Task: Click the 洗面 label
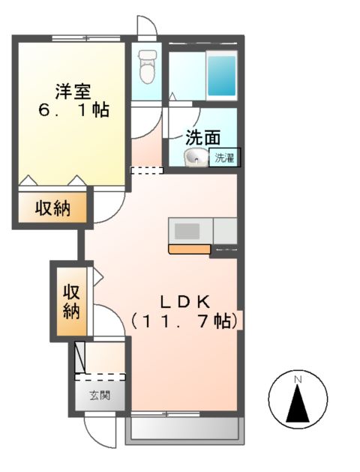click(x=202, y=138)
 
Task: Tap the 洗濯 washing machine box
click(x=225, y=157)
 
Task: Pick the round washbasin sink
click(x=196, y=157)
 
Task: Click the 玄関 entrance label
click(x=100, y=395)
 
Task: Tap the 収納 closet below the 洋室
click(x=52, y=208)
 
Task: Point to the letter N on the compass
click(x=298, y=380)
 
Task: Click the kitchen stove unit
click(x=190, y=229)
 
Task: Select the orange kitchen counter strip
click(x=189, y=249)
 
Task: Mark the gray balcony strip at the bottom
click(x=185, y=428)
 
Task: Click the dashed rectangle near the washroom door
click(x=146, y=170)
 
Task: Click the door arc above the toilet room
click(x=147, y=25)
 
